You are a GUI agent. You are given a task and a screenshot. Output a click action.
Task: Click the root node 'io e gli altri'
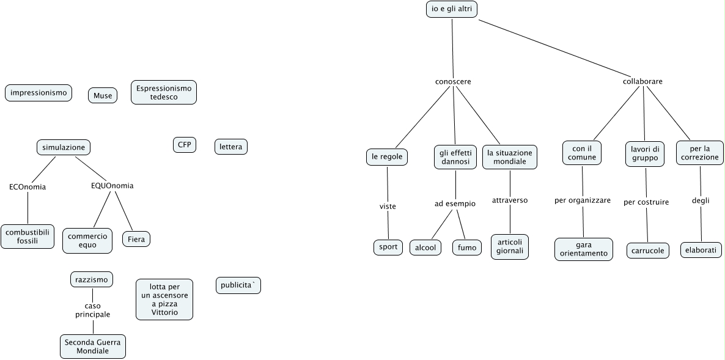pyautogui.click(x=451, y=9)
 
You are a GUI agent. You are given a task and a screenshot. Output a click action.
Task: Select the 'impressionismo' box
pyautogui.click(x=39, y=93)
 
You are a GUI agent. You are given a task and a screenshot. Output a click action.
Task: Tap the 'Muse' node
pyautogui.click(x=103, y=95)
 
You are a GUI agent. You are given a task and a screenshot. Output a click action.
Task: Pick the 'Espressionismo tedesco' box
pyautogui.click(x=164, y=92)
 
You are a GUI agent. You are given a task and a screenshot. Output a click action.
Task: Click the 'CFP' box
pyautogui.click(x=185, y=145)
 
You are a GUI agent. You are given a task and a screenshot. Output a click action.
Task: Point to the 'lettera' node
pyautogui.click(x=231, y=147)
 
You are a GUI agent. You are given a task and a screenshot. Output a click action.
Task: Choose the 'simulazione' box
pyautogui.click(x=63, y=147)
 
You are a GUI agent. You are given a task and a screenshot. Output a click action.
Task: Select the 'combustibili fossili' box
pyautogui.click(x=28, y=236)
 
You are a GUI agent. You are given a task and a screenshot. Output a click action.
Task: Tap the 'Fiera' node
pyautogui.click(x=136, y=239)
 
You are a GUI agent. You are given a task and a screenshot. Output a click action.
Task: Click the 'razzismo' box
pyautogui.click(x=92, y=279)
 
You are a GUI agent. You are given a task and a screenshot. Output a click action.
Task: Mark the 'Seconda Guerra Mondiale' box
pyautogui.click(x=93, y=347)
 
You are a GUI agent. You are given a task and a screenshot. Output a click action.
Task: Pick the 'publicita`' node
pyautogui.click(x=238, y=285)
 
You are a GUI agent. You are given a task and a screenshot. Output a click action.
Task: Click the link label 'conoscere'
pyautogui.click(x=453, y=81)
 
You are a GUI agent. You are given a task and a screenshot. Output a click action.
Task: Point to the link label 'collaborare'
pyautogui.click(x=642, y=81)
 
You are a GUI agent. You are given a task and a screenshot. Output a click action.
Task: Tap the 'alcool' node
pyautogui.click(x=425, y=248)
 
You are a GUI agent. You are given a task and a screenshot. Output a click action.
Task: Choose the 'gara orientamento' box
pyautogui.click(x=583, y=249)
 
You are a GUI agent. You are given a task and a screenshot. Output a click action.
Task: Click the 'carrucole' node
pyautogui.click(x=648, y=251)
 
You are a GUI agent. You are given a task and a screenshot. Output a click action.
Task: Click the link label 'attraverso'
pyautogui.click(x=510, y=200)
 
